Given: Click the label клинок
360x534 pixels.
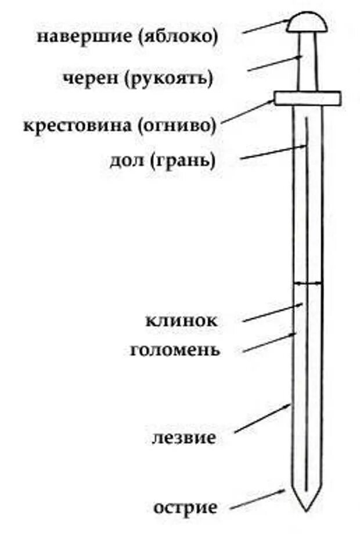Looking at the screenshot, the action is tap(181, 320).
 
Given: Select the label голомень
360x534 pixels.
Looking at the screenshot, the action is tap(174, 349).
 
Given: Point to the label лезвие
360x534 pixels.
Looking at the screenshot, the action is tap(184, 438).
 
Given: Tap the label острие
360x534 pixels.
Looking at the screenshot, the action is tap(186, 508).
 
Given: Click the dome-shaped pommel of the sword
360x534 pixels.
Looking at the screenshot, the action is tap(308, 23).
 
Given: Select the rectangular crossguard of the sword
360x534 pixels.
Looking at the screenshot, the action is tap(308, 98).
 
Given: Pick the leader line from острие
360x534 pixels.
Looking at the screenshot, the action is tap(258, 499).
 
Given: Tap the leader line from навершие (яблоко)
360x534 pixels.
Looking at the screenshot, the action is tap(264, 26).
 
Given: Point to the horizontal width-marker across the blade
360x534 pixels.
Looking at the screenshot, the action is tap(308, 283).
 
